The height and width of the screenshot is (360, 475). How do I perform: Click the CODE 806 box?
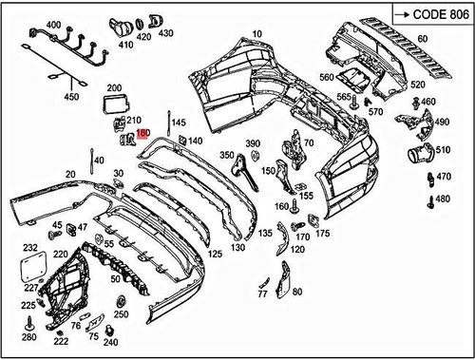point(429,15)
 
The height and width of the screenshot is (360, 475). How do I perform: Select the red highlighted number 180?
point(143,134)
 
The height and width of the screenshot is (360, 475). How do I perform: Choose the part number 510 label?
point(442,149)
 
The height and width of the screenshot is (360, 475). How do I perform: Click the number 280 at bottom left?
point(28,337)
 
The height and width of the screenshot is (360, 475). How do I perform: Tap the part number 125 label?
point(215,254)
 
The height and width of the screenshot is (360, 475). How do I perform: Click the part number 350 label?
point(226,155)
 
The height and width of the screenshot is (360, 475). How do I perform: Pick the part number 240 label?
point(110,342)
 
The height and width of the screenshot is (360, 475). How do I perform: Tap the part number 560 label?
point(326,77)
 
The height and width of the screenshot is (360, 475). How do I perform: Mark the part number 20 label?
point(70,174)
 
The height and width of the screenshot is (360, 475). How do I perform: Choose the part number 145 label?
point(179,123)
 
